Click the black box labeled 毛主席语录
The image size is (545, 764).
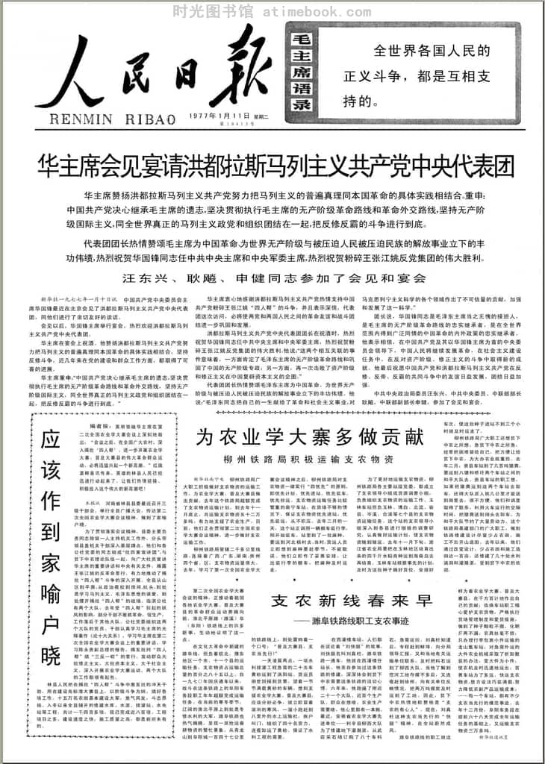click(x=299, y=72)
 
